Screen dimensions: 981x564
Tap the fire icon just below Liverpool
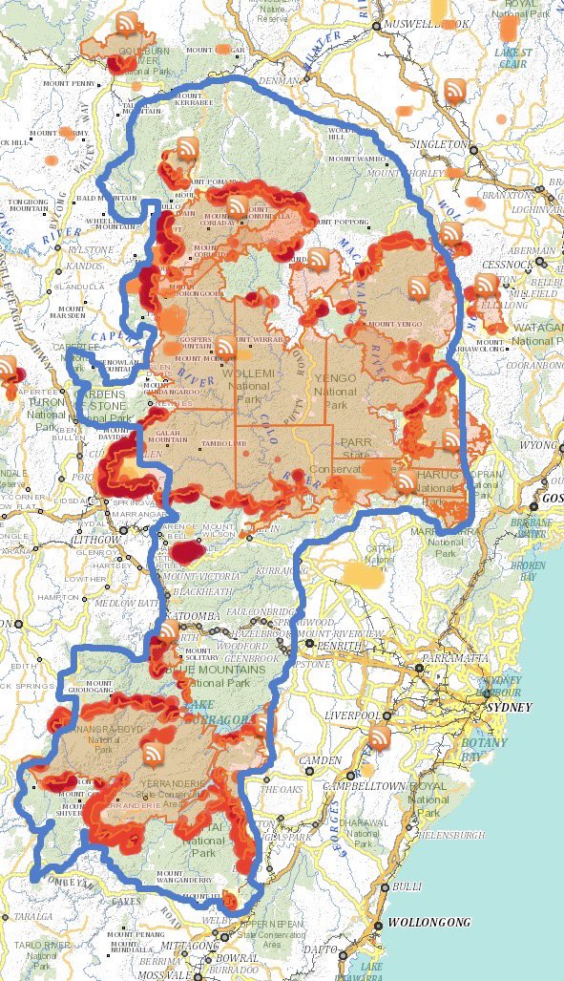(380, 737)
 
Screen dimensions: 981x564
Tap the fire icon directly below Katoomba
(168, 630)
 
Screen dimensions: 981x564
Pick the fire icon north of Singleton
(455, 90)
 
